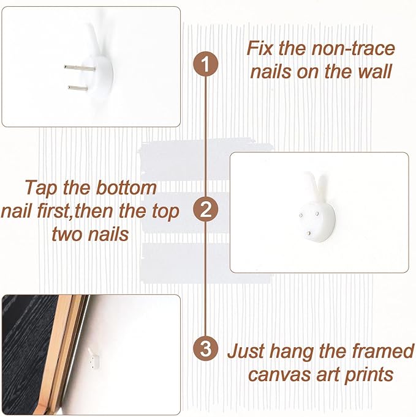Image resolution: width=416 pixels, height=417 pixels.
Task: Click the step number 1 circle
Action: tap(205, 65)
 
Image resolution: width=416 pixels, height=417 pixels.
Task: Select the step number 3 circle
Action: tap(205, 348)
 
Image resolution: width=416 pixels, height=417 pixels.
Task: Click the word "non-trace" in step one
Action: tap(353, 48)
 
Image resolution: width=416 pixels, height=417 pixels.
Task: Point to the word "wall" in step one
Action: tap(375, 71)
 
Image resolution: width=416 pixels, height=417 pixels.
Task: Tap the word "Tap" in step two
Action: tap(41, 188)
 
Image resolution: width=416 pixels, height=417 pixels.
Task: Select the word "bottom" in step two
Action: tap(126, 188)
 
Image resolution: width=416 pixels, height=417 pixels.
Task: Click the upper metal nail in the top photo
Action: tap(80, 68)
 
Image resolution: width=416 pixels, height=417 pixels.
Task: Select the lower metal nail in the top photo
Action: tap(78, 88)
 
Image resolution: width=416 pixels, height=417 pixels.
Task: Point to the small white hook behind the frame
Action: tap(94, 358)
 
